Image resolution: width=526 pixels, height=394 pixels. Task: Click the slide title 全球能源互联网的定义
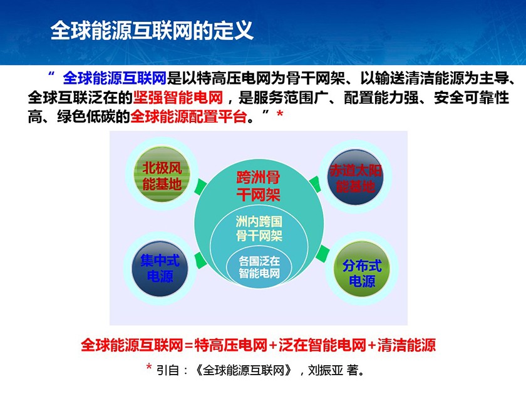tap(152, 31)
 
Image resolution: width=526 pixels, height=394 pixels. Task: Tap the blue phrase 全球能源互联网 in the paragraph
tap(115, 78)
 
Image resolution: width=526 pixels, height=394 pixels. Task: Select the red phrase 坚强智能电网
tap(178, 98)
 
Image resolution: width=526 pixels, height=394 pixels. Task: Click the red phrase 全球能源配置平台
tap(188, 116)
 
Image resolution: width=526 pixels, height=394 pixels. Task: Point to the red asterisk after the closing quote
tap(279, 114)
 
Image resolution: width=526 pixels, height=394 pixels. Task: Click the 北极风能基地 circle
tap(162, 175)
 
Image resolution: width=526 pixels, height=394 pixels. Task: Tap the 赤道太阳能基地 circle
tap(355, 177)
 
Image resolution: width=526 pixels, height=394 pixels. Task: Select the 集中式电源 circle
tap(160, 268)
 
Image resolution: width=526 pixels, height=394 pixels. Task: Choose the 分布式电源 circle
tap(362, 269)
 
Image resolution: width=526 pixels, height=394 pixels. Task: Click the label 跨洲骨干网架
tap(258, 186)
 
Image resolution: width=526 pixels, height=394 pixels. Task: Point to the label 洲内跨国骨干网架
tap(259, 228)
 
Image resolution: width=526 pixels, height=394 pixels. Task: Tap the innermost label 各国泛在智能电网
tap(259, 267)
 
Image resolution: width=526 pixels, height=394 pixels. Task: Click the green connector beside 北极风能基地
tap(200, 186)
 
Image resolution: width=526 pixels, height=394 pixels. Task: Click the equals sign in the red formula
tap(189, 345)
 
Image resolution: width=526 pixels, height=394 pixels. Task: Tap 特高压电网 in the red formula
tap(231, 345)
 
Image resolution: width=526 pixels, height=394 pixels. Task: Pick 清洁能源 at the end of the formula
tap(406, 345)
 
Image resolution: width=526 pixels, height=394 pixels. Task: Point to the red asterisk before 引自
tap(149, 367)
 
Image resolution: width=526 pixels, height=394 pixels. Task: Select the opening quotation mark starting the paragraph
tap(51, 74)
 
